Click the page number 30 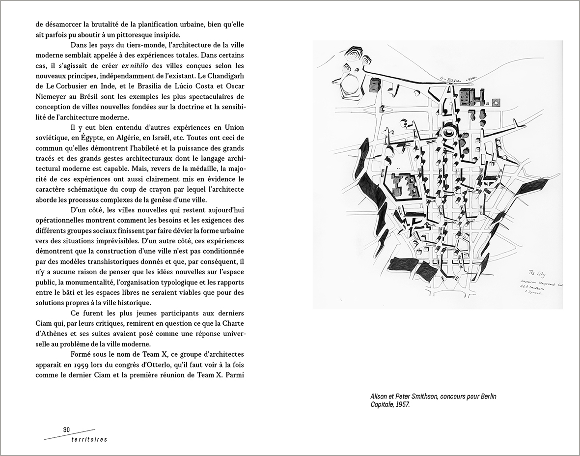66,429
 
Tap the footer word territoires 85,439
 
